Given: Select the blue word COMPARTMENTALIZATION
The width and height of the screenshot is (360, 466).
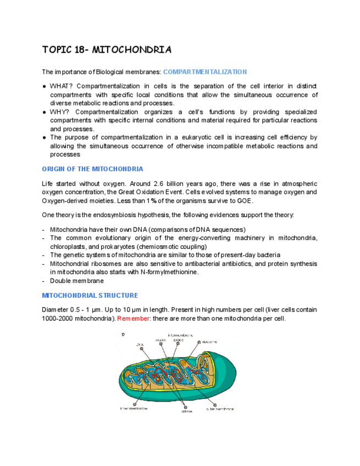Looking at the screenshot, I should (205, 72).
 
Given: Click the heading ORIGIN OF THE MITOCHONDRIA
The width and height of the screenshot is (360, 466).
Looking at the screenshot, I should (92, 169).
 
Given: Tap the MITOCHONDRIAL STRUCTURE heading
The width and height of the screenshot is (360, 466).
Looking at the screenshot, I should (90, 295).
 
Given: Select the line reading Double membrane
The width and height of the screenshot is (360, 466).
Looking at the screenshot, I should (76, 281).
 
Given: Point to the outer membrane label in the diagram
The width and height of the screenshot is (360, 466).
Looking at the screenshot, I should (219, 409).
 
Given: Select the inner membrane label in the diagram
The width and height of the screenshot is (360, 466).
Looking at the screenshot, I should (134, 408).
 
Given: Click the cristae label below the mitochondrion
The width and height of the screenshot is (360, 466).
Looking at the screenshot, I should (186, 412).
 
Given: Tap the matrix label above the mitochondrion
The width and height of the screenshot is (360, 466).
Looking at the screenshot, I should (160, 340).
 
